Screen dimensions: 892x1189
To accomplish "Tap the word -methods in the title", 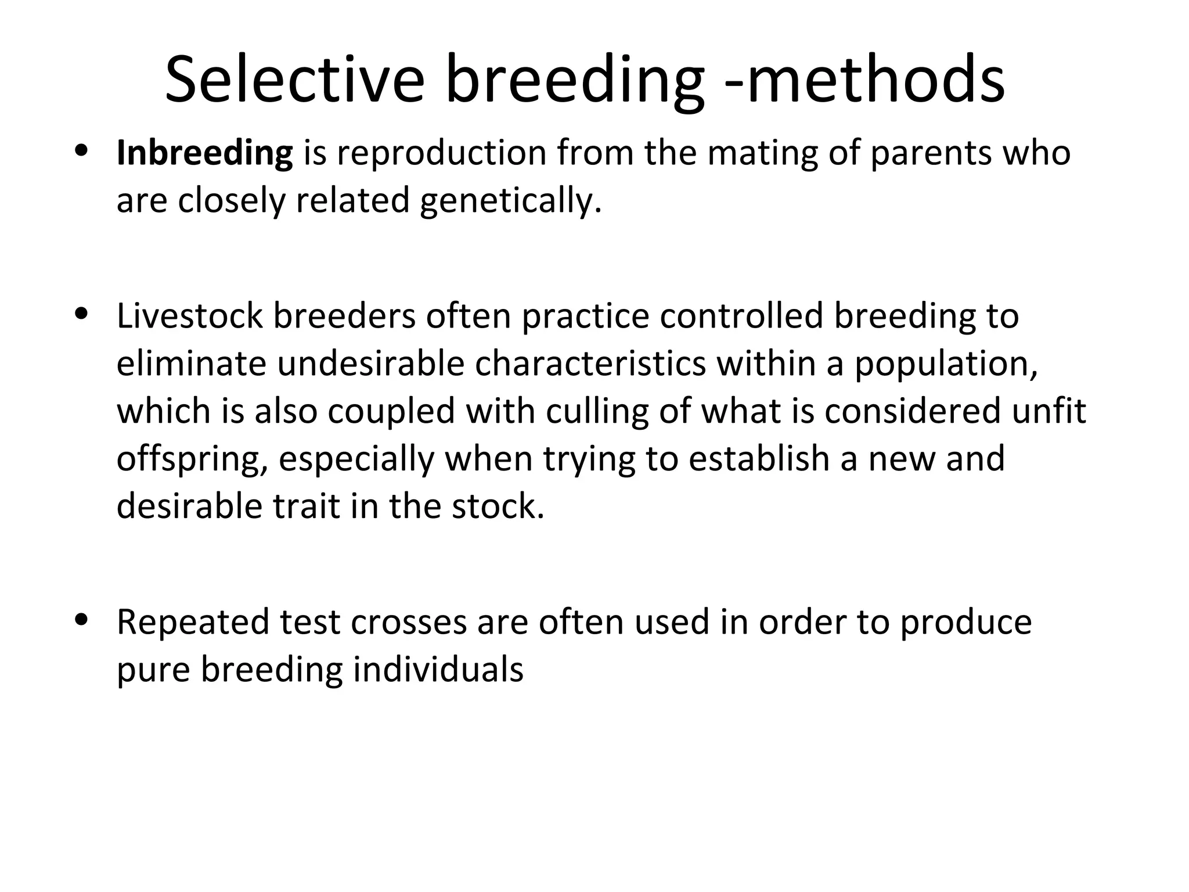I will tap(865, 80).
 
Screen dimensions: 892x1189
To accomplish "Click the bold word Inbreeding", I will tap(204, 153).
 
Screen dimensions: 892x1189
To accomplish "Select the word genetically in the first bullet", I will tap(510, 201).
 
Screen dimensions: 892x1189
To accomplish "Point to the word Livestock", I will tap(189, 316).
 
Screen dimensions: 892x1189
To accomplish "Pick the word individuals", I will tap(438, 670).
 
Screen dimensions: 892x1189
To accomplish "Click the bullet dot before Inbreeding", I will tap(81, 152).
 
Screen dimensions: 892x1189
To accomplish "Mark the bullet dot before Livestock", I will tap(81, 314).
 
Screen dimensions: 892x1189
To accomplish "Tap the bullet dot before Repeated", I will tap(81, 620).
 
